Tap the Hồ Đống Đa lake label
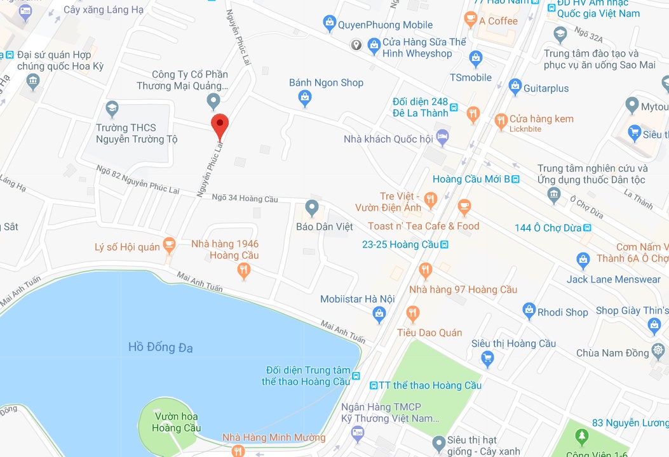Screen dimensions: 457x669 click(160, 347)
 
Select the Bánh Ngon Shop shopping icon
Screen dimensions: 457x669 click(306, 97)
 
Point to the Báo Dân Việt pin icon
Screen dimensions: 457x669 click(311, 207)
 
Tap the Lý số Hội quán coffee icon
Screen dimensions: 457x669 click(169, 244)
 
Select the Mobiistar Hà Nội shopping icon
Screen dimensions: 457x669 click(380, 313)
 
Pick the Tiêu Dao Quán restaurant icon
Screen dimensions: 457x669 click(413, 314)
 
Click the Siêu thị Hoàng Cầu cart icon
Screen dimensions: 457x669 click(488, 360)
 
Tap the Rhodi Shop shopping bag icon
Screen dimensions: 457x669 click(529, 310)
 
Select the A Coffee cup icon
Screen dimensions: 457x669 click(470, 20)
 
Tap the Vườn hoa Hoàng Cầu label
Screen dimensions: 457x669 click(176, 422)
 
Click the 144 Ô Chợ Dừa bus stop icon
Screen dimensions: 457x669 click(587, 228)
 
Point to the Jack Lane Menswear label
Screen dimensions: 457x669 click(613, 279)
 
